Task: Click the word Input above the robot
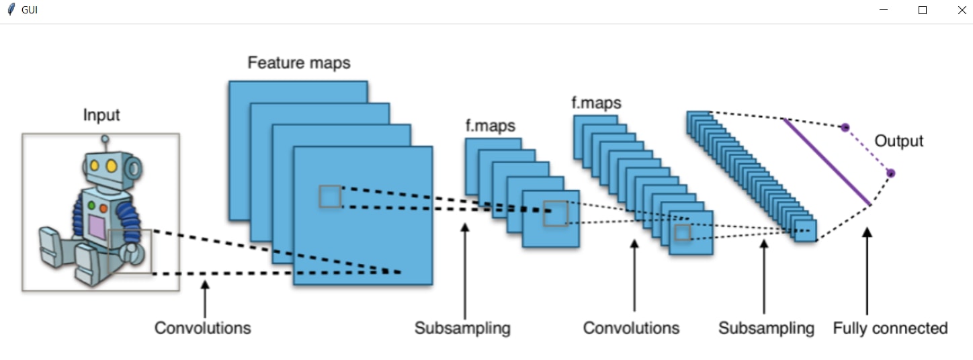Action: [x=101, y=115]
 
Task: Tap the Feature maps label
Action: [x=298, y=63]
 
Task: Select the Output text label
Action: [x=898, y=141]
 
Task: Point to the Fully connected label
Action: [x=890, y=328]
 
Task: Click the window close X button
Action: [x=961, y=10]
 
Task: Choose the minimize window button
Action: [x=884, y=10]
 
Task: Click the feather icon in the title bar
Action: [x=10, y=10]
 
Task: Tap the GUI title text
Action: [x=30, y=10]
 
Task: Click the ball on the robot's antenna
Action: [x=105, y=140]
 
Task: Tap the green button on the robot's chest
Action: [x=91, y=204]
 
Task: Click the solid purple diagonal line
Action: [x=827, y=162]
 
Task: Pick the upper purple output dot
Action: [x=845, y=127]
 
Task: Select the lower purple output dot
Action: [x=890, y=173]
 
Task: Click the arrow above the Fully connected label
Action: [x=867, y=269]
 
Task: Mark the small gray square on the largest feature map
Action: [x=330, y=196]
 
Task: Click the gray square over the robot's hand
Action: [x=130, y=251]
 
